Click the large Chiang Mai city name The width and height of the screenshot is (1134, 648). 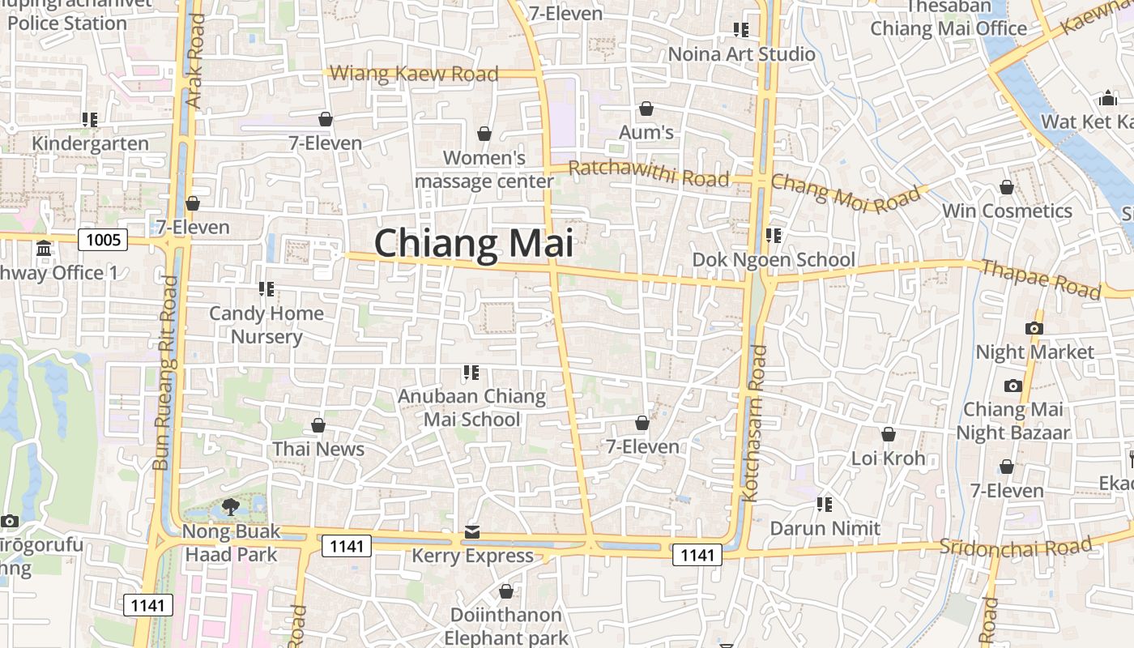point(473,243)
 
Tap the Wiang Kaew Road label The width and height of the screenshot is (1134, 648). point(414,74)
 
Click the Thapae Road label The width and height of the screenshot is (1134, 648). point(1040,278)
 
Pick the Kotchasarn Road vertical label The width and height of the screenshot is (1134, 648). point(753,423)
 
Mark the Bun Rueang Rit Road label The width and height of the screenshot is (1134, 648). point(164,373)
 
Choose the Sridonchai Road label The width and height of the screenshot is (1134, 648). point(1016,547)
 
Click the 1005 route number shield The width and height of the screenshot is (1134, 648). point(103,239)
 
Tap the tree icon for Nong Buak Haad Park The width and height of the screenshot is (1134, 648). point(230,507)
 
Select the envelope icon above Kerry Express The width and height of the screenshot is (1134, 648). point(472,532)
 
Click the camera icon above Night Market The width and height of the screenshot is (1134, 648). point(1034,328)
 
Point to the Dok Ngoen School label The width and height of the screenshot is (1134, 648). point(774,260)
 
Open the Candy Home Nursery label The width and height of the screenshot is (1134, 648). point(266,325)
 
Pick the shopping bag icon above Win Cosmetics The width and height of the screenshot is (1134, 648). point(1006,188)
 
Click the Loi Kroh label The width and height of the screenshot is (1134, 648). point(888,458)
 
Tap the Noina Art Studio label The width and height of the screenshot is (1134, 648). point(741,54)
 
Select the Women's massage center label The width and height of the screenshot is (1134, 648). point(484,169)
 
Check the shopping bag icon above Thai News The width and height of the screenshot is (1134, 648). point(318,425)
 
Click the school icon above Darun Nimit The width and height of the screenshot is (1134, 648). point(825,505)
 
